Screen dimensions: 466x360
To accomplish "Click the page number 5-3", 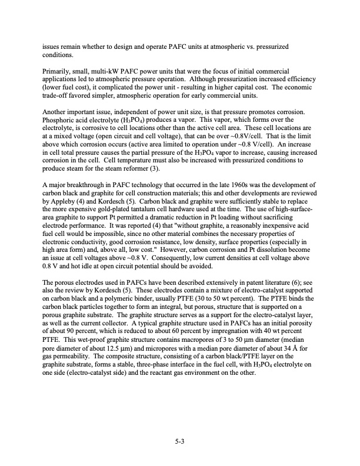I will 180,437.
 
